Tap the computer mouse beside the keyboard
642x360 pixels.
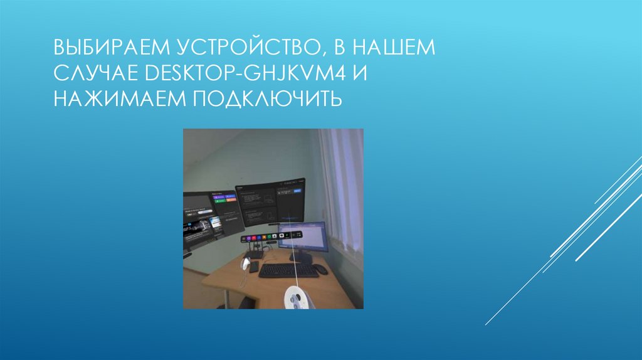point(320,269)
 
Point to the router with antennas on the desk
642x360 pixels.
point(257,251)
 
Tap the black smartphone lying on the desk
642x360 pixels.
point(253,267)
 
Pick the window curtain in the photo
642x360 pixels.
point(342,188)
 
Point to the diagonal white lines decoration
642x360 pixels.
point(564,251)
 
